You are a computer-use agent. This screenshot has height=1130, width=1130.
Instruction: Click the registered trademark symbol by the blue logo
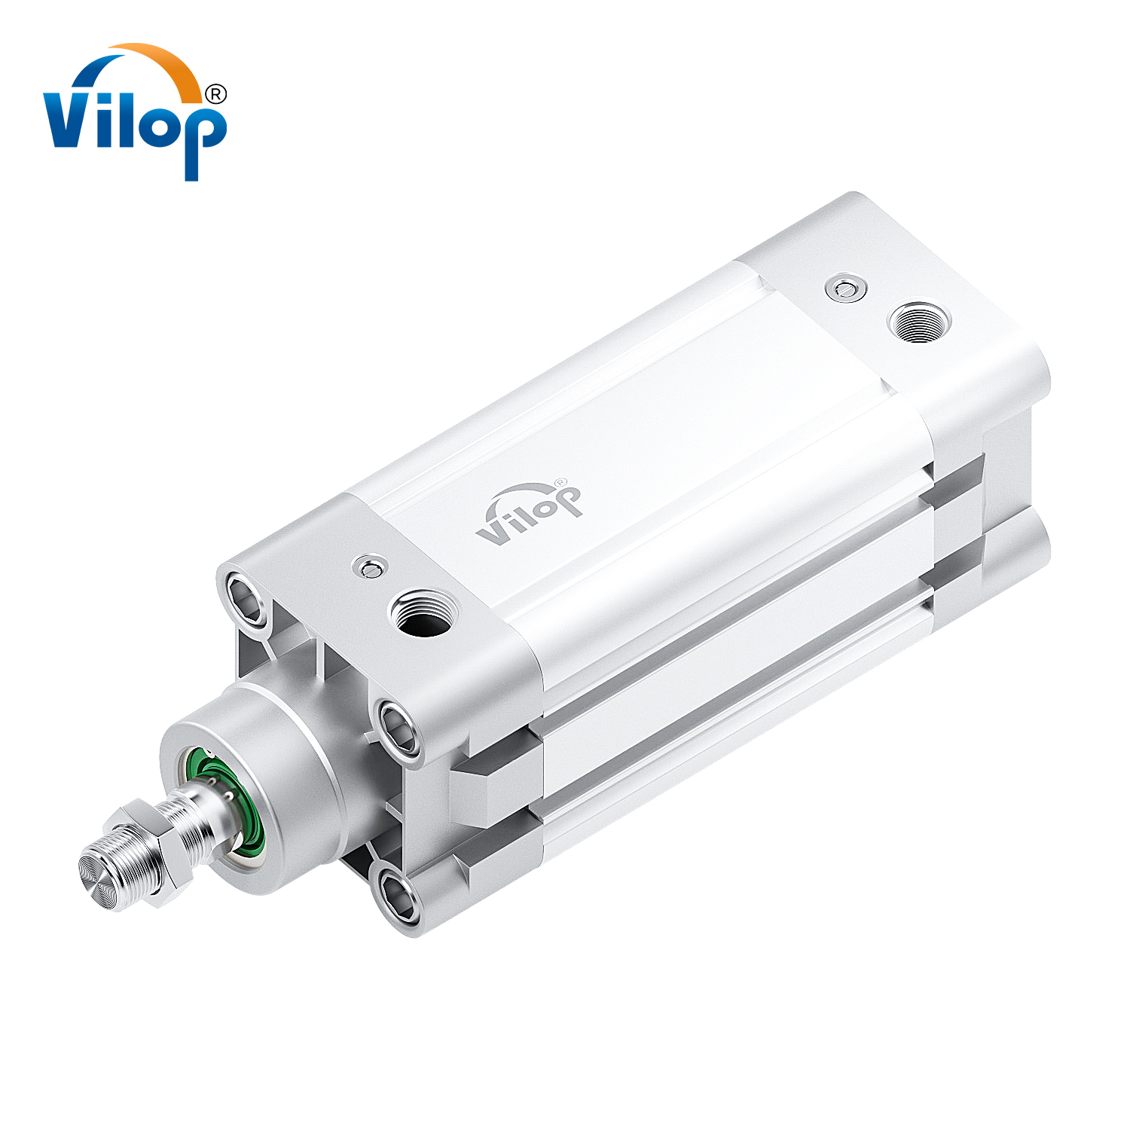(x=215, y=94)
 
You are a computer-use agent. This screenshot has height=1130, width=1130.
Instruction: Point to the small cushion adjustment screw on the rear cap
(x=845, y=288)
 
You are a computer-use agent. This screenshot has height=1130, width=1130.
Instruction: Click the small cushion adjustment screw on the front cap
(x=369, y=567)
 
